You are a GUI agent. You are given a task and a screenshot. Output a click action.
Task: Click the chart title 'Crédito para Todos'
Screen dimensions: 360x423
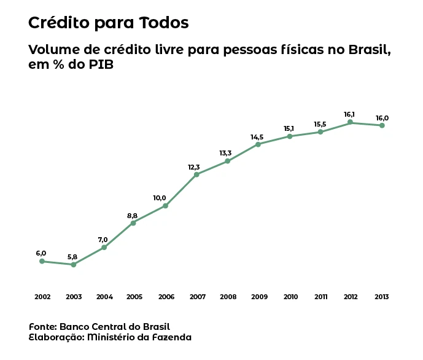(x=108, y=23)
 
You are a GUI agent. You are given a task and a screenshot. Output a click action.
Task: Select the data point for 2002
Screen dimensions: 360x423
(x=42, y=261)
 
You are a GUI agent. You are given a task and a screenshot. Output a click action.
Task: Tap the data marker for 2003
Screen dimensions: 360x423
(x=73, y=265)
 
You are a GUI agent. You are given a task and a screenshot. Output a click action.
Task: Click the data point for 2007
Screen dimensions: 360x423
(x=196, y=174)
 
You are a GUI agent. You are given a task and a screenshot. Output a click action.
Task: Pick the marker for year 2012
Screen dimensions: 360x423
(x=351, y=122)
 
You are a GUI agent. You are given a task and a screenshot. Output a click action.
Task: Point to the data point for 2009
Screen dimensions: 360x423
(x=258, y=144)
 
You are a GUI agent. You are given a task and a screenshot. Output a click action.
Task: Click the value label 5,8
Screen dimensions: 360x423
(x=72, y=256)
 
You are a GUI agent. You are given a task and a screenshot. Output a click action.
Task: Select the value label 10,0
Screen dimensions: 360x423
(x=160, y=198)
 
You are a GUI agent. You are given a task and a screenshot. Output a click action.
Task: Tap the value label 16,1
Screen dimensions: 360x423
(x=349, y=114)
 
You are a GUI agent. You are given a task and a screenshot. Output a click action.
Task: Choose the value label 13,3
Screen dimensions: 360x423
(x=225, y=153)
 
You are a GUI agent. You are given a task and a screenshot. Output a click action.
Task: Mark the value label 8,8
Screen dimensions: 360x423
(x=133, y=216)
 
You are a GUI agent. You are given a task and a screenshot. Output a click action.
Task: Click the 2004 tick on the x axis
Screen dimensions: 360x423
(x=104, y=297)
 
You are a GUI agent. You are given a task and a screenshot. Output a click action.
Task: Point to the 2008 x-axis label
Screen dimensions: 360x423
(x=228, y=297)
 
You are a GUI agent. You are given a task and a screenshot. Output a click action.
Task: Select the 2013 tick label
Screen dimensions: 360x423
(x=382, y=297)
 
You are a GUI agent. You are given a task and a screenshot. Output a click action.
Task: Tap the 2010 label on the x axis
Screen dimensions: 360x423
(x=290, y=297)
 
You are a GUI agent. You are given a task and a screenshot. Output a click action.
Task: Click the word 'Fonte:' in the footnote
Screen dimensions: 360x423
(x=42, y=326)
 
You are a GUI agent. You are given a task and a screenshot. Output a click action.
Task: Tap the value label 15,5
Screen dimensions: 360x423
(x=320, y=124)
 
